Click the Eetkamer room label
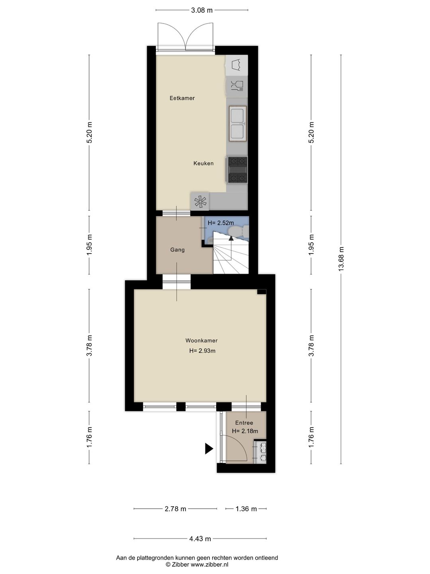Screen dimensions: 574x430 [182, 98]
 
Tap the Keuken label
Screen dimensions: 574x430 [203, 163]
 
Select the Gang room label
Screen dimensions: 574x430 [177, 250]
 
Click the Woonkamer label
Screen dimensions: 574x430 [201, 341]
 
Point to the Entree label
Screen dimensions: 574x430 [244, 423]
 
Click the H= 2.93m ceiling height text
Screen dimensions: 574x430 [202, 351]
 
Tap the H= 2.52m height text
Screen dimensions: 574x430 [221, 223]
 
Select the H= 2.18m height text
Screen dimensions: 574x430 [245, 431]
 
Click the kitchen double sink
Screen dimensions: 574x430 [238, 123]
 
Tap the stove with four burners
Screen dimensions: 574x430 [237, 170]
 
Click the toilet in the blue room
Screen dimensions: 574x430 [239, 231]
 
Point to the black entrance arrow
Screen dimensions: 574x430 [209, 449]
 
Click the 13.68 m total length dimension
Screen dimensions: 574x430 [341, 259]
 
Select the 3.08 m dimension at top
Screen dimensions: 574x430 [202, 10]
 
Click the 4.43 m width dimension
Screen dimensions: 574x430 [200, 539]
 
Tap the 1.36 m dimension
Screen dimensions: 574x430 [246, 509]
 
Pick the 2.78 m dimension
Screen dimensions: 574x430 [176, 509]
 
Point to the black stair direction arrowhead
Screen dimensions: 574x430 [230, 238]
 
